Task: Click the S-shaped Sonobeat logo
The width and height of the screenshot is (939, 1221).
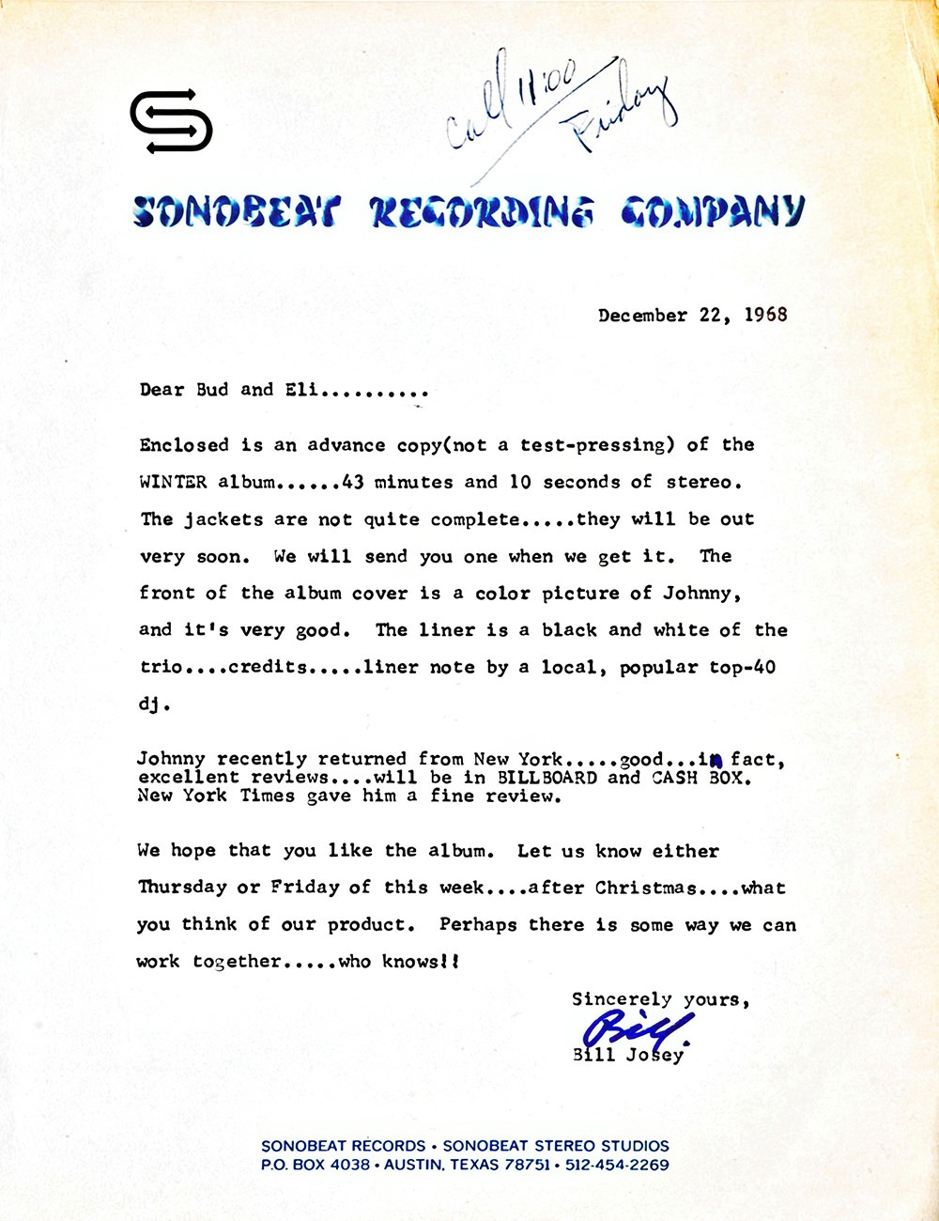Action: click(171, 120)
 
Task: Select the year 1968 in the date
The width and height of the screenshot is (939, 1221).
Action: click(766, 315)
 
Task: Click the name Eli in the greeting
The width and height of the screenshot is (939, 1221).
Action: click(301, 390)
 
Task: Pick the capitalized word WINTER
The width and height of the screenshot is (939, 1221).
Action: click(174, 482)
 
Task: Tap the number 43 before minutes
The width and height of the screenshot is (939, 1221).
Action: click(353, 482)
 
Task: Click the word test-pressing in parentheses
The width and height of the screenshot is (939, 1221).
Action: click(596, 445)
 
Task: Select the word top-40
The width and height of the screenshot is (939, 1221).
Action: click(743, 668)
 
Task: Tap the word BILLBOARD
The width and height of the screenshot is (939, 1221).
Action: click(546, 778)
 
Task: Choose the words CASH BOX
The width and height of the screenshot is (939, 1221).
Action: click(700, 778)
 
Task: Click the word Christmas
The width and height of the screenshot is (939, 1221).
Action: click(646, 888)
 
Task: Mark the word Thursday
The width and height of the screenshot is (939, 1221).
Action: click(182, 888)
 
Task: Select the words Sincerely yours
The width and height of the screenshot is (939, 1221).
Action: click(660, 999)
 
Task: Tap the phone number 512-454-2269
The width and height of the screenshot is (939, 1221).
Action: click(617, 1166)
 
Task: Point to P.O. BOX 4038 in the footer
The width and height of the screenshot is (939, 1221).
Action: click(316, 1166)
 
